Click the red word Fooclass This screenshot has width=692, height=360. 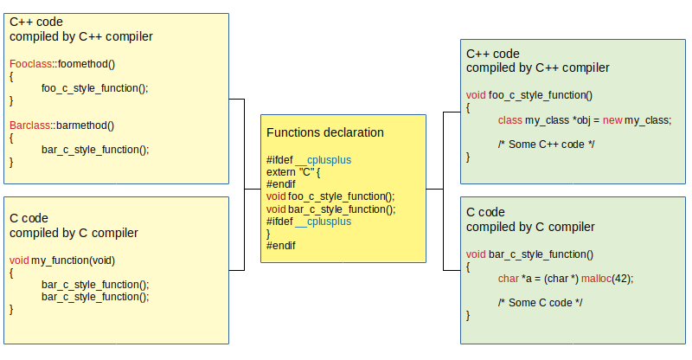pyautogui.click(x=30, y=64)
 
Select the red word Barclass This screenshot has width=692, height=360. pyautogui.click(x=29, y=125)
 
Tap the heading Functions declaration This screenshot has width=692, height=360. pyautogui.click(x=325, y=132)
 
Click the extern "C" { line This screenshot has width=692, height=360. pyautogui.click(x=293, y=172)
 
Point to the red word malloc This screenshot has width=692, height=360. pyautogui.click(x=596, y=279)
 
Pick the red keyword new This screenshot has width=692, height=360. pyautogui.click(x=612, y=120)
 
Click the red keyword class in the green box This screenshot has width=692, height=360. pyautogui.click(x=510, y=120)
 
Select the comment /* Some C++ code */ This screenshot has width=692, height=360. pyautogui.click(x=547, y=145)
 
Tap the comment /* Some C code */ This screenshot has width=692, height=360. pyautogui.click(x=540, y=303)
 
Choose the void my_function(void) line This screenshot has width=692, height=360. pyautogui.click(x=62, y=260)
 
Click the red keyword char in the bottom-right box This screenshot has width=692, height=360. pyautogui.click(x=509, y=279)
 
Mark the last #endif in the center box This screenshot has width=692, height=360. pyautogui.click(x=280, y=246)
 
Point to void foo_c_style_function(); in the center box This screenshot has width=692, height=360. pyautogui.click(x=330, y=196)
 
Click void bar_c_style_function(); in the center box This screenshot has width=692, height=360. pyautogui.click(x=331, y=209)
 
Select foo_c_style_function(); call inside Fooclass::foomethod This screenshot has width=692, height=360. pyautogui.click(x=95, y=88)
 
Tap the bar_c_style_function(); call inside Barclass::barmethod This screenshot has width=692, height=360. pyautogui.click(x=95, y=150)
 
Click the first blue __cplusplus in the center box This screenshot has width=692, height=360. pyautogui.click(x=323, y=160)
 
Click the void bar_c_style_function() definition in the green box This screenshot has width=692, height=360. pyautogui.click(x=529, y=254)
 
